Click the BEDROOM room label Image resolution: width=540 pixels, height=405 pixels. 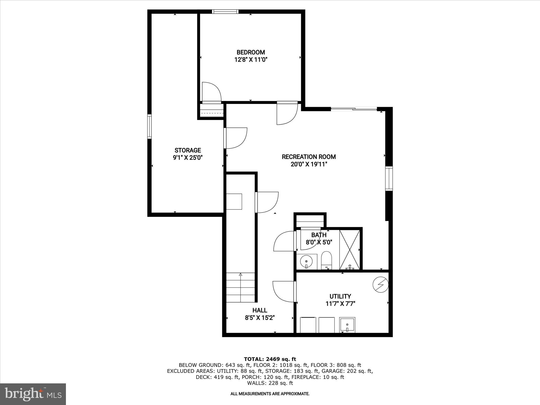[250, 52]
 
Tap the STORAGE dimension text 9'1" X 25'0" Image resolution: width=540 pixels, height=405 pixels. [187, 158]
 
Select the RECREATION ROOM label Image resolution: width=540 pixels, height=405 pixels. [309, 157]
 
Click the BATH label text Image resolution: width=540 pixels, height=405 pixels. [319, 235]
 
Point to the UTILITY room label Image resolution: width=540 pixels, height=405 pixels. [340, 296]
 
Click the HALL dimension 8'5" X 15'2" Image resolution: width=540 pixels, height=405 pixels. [260, 318]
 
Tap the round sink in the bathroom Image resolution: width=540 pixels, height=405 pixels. [306, 262]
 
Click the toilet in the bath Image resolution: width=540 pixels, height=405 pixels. [326, 260]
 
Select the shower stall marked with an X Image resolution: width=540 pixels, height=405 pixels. [350, 249]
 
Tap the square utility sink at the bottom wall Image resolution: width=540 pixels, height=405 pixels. [347, 325]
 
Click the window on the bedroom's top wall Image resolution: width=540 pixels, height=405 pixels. [225, 11]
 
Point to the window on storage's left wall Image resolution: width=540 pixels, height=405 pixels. [150, 127]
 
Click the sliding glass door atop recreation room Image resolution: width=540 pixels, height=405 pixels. [354, 109]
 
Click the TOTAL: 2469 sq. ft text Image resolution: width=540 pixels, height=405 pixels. [270, 359]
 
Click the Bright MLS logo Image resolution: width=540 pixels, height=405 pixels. [33, 394]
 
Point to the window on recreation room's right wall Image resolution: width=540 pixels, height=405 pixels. [389, 179]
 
